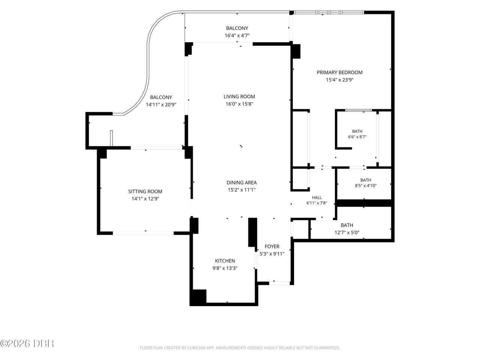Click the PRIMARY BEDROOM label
(x=339, y=72)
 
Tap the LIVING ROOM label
(x=239, y=96)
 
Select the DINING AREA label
(x=241, y=183)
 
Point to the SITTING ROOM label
(x=145, y=192)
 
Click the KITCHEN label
(x=225, y=261)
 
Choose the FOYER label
(x=272, y=246)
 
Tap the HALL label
(x=316, y=198)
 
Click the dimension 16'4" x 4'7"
(x=237, y=35)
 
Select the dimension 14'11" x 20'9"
(x=161, y=105)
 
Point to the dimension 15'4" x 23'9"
(x=340, y=80)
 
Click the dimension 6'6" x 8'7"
(x=357, y=137)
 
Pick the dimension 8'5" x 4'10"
(x=366, y=186)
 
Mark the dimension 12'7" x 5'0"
(x=347, y=232)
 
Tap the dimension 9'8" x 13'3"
(x=225, y=268)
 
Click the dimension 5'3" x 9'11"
(x=272, y=254)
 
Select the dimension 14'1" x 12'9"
(x=145, y=199)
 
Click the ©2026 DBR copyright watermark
(x=27, y=343)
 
